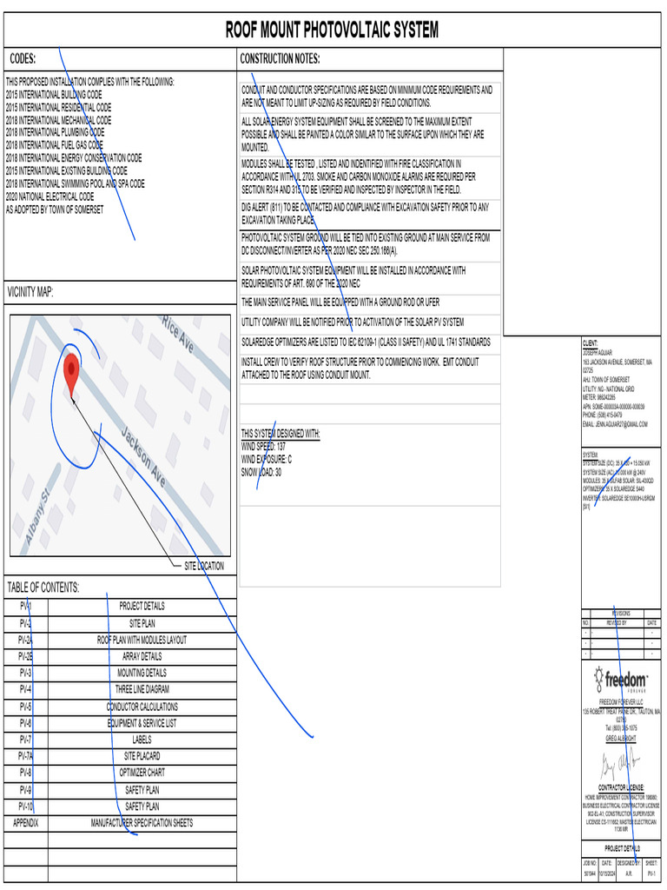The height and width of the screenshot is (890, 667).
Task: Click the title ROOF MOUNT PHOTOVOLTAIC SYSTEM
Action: (x=332, y=31)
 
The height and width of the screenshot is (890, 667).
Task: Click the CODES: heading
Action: (x=23, y=59)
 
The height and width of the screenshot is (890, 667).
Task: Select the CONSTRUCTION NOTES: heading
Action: (x=280, y=59)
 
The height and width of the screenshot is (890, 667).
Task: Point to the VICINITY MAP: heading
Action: (x=30, y=292)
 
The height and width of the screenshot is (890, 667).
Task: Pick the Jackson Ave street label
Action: (x=142, y=457)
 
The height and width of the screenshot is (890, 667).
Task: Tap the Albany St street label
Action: (x=39, y=518)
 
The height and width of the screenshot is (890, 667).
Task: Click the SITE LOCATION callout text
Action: (x=203, y=566)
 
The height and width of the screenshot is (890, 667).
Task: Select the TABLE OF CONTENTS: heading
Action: (x=43, y=588)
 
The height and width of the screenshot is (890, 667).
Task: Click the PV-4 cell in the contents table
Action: (x=25, y=689)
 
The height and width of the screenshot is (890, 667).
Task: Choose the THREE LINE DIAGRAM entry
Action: (x=142, y=689)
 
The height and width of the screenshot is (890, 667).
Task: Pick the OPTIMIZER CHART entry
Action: (x=142, y=773)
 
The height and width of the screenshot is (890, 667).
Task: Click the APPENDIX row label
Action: (x=25, y=823)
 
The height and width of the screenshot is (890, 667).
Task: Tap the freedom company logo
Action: (x=621, y=681)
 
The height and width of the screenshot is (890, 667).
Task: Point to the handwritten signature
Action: (x=620, y=766)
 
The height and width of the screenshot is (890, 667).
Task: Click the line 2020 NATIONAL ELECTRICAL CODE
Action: (x=50, y=197)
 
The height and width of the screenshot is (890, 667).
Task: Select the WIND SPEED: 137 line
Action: (x=263, y=446)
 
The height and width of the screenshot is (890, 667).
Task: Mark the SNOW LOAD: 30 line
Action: (x=261, y=473)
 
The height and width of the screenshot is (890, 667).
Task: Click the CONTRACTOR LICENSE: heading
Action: (x=620, y=788)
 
